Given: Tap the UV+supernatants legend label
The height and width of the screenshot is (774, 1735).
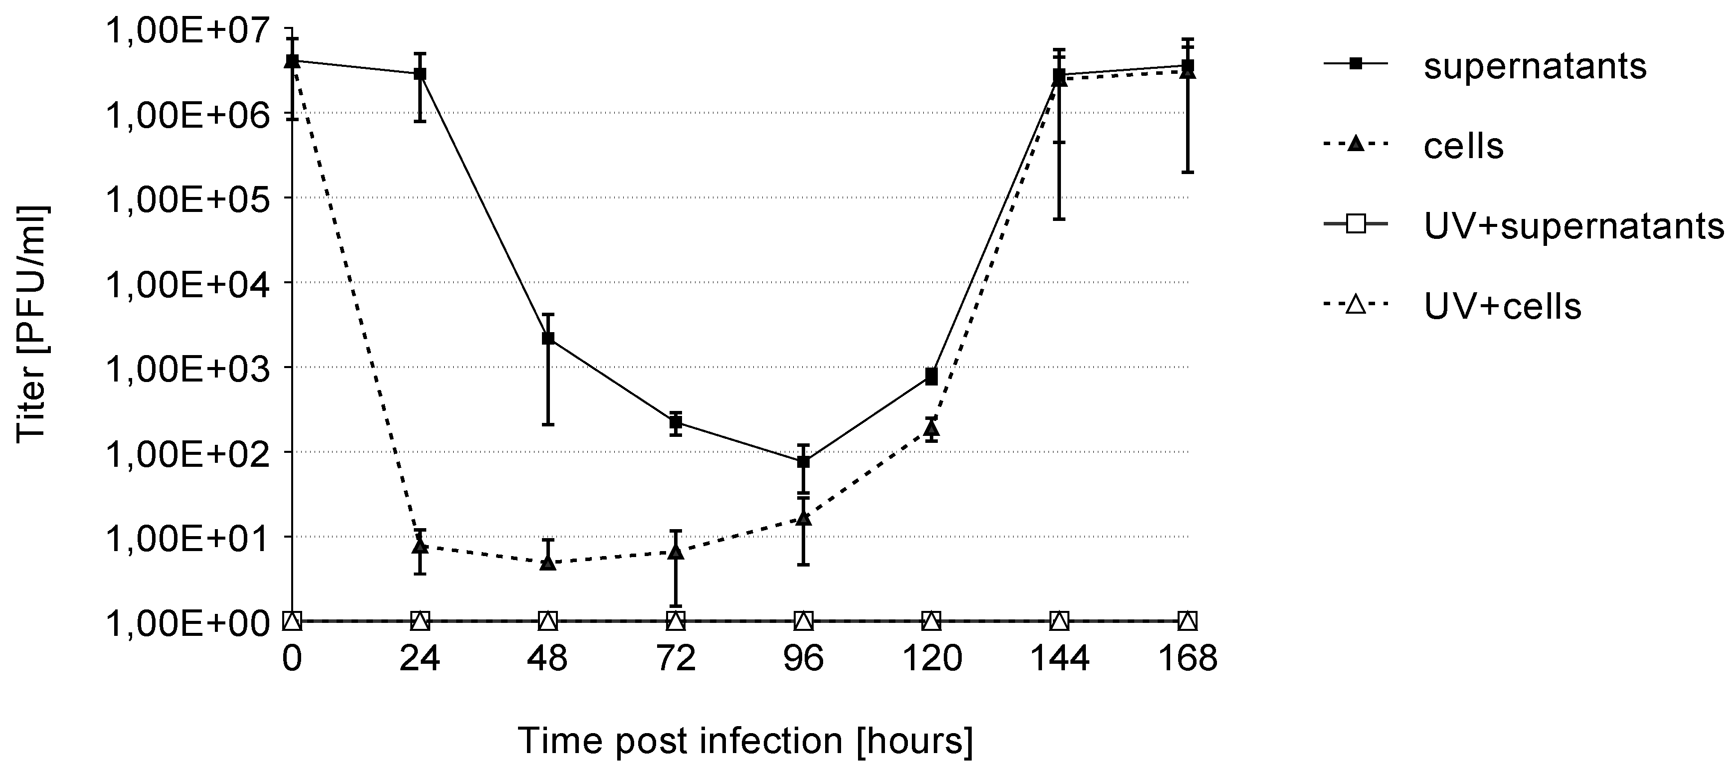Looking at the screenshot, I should click(1572, 226).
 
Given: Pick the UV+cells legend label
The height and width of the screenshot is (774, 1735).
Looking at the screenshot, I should click(1502, 307).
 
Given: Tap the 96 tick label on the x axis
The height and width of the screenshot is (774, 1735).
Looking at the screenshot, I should click(803, 658).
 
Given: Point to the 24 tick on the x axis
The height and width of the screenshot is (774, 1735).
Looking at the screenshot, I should click(420, 658).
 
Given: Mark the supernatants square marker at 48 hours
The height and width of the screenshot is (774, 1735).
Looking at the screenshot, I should click(548, 338).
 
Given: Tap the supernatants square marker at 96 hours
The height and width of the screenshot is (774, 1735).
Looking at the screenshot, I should click(803, 461).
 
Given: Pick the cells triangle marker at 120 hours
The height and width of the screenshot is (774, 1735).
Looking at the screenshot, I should click(931, 427).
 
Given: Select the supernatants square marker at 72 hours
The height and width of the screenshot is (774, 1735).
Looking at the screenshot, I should click(676, 422).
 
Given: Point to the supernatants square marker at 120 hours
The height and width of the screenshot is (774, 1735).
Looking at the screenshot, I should click(931, 377).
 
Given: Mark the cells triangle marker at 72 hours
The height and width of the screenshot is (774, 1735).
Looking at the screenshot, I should click(676, 553).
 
